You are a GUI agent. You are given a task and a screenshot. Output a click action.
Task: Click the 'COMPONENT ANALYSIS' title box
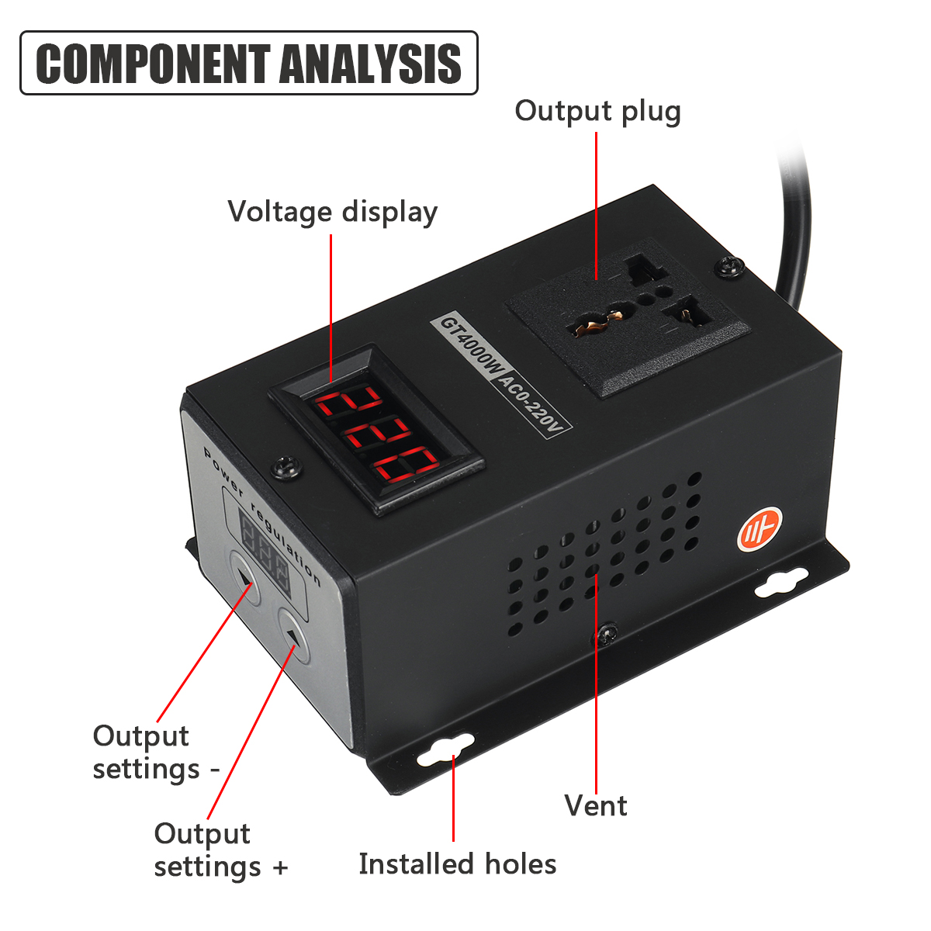248,63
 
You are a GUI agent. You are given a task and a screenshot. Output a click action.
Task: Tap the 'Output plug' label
597,111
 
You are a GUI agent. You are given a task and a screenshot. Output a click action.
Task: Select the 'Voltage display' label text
332,212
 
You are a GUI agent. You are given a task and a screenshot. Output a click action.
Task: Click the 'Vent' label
595,805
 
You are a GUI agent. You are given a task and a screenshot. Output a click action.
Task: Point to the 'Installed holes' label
457,864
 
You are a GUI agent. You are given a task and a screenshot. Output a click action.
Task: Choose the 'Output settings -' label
155,752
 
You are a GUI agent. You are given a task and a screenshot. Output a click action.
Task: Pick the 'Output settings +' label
220,850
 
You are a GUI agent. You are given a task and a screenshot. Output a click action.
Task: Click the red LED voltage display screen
376,431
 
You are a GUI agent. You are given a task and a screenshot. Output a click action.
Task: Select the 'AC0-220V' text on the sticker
533,404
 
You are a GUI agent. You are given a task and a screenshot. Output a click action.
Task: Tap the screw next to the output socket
729,267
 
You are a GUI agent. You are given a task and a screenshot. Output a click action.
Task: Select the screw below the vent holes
604,636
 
